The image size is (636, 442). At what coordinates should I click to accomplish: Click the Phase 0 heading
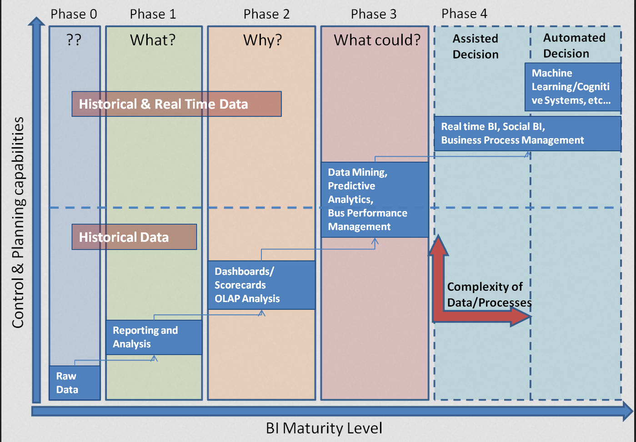[74, 14]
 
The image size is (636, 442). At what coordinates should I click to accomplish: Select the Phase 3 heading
[374, 14]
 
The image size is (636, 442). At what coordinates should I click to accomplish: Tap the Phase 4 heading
[464, 14]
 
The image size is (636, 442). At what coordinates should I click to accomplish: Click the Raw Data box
[75, 382]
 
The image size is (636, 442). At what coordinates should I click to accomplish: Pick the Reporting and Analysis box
[154, 338]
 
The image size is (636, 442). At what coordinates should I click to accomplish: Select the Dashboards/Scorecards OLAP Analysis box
[261, 285]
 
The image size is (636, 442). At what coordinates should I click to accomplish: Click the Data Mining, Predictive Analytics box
[375, 199]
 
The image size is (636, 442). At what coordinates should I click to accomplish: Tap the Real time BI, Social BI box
[527, 134]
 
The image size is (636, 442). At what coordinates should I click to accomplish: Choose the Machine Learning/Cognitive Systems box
[573, 87]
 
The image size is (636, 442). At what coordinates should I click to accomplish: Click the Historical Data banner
[134, 237]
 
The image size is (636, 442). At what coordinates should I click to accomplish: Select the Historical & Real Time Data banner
[176, 104]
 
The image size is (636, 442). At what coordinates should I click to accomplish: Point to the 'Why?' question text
[263, 40]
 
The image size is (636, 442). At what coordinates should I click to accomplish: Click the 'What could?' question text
[377, 40]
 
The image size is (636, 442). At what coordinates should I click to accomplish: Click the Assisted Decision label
[476, 46]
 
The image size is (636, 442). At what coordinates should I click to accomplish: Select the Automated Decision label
[574, 45]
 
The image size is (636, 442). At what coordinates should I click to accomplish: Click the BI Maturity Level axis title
[324, 428]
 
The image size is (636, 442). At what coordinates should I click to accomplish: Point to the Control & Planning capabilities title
[18, 223]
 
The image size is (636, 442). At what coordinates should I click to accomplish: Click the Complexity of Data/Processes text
[489, 294]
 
